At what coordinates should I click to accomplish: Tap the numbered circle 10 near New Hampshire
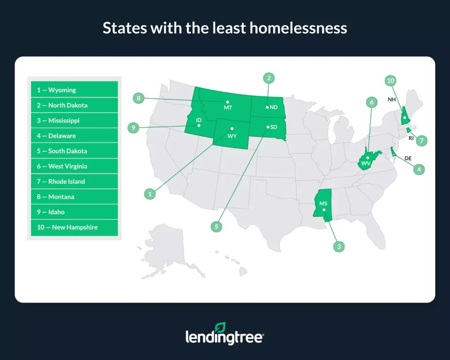coord(391,80)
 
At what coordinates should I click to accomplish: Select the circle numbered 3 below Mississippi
coord(338,247)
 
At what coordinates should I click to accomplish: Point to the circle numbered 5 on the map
coord(216,226)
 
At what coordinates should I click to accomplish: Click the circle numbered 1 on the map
coord(150,193)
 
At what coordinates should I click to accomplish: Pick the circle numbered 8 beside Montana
coord(138,98)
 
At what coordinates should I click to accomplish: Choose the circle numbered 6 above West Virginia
coord(372,103)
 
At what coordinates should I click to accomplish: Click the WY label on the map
coord(232,136)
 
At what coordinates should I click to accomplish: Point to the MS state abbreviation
coord(323,204)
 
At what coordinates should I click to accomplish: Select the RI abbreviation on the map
coord(411,138)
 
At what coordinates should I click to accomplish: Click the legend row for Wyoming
coord(74,90)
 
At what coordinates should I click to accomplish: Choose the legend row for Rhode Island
coord(74,182)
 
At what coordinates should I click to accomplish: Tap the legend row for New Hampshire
coord(74,227)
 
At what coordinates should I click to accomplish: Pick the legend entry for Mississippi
coord(74,120)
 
